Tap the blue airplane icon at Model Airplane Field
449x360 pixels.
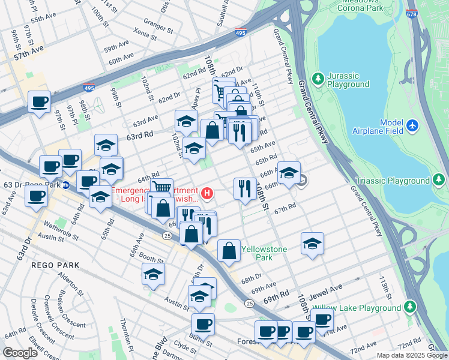coord(412,125)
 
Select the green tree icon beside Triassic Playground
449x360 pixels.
coord(440,179)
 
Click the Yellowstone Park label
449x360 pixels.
coord(264,253)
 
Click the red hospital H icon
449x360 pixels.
coord(207,193)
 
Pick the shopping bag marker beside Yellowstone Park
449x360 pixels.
coord(229,250)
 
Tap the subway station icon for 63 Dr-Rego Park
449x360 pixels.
coord(67,185)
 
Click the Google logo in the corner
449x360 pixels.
coord(20,353)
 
